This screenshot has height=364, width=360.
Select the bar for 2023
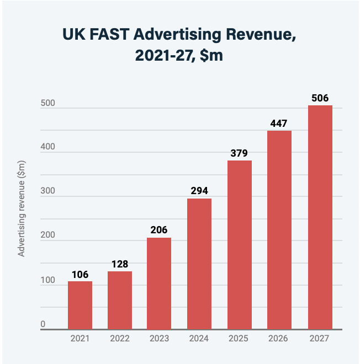pyautogui.click(x=159, y=283)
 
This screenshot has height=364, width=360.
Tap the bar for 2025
pyautogui.click(x=239, y=245)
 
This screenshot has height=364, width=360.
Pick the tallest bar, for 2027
pyautogui.click(x=320, y=217)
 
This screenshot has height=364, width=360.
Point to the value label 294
pyautogui.click(x=199, y=191)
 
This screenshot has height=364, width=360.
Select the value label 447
pyautogui.click(x=279, y=123)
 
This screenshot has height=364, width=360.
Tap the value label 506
pyautogui.click(x=320, y=98)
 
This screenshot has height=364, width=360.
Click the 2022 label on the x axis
pyautogui.click(x=119, y=339)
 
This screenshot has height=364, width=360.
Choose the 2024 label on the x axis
pyautogui.click(x=199, y=339)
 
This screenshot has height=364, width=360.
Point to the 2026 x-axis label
pyautogui.click(x=279, y=339)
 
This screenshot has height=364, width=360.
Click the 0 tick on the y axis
pyautogui.click(x=43, y=325)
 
